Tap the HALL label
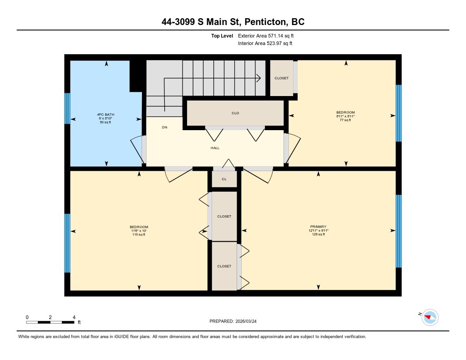215,148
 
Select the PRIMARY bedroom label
318,226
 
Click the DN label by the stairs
164,127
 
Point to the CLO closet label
235,113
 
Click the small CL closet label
224,179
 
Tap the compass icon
430,317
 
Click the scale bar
50,322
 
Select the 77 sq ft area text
345,120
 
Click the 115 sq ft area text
139,234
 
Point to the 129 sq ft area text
318,234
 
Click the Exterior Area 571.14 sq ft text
269,35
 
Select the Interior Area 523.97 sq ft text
265,43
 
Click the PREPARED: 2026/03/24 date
236,321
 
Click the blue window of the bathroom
67,108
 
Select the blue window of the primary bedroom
399,231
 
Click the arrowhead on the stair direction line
258,78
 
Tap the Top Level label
222,35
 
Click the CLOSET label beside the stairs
281,78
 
